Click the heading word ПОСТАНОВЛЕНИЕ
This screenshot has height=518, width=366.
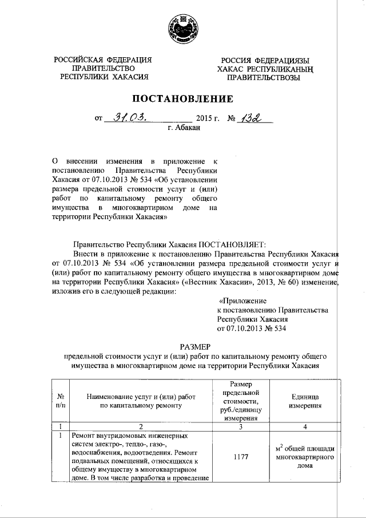[x=183, y=98]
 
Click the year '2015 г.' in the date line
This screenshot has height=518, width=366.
[x=208, y=119]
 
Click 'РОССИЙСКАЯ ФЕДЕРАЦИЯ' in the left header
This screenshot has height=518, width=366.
[x=103, y=60]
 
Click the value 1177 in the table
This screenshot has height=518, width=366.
[x=241, y=458]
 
